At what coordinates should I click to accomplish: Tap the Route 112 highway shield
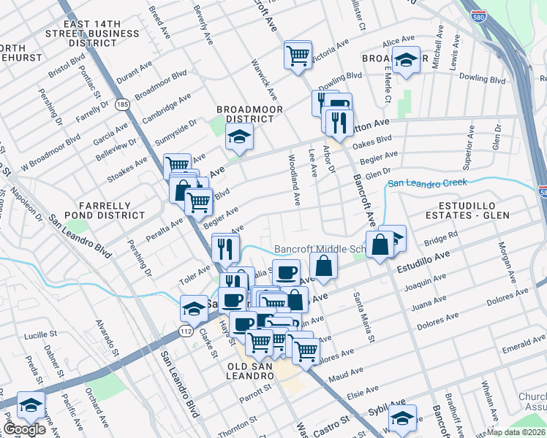tap(186, 332)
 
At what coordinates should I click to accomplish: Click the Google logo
tap(23, 429)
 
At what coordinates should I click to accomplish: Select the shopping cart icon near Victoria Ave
tap(298, 55)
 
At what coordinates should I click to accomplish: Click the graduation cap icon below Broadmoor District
tap(238, 137)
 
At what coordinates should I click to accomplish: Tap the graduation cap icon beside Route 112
tap(194, 308)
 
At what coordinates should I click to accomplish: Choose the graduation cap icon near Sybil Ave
tap(402, 418)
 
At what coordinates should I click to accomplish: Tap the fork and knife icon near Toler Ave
tap(225, 248)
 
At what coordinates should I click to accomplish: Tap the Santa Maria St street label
tap(364, 318)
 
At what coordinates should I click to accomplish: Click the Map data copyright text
tap(516, 431)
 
